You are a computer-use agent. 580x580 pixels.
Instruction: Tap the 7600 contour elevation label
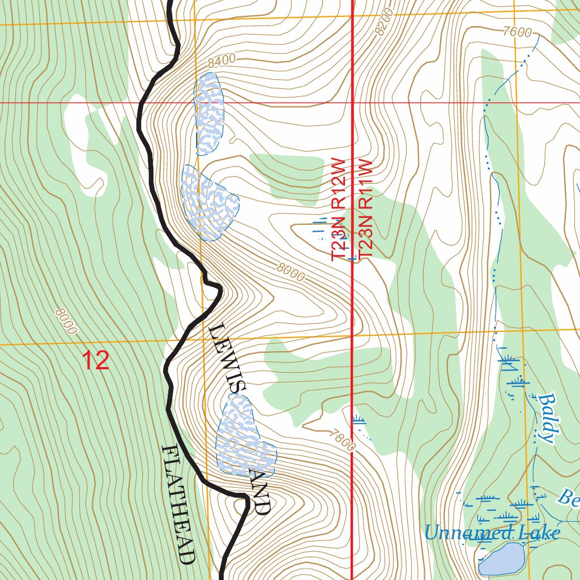(516, 32)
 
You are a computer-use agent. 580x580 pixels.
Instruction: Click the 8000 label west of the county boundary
(66, 321)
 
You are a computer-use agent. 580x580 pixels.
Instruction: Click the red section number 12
(95, 361)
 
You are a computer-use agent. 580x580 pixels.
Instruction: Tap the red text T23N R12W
(338, 210)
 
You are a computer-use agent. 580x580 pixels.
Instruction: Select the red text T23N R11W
(365, 210)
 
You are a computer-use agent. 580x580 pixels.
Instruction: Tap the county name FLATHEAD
(179, 504)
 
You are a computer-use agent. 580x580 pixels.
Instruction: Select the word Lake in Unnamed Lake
(540, 532)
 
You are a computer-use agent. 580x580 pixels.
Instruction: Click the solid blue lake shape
(501, 559)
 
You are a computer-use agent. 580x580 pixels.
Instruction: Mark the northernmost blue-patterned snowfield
(208, 113)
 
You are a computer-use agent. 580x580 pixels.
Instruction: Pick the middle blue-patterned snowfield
(208, 203)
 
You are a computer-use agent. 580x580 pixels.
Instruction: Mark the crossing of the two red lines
(353, 103)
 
